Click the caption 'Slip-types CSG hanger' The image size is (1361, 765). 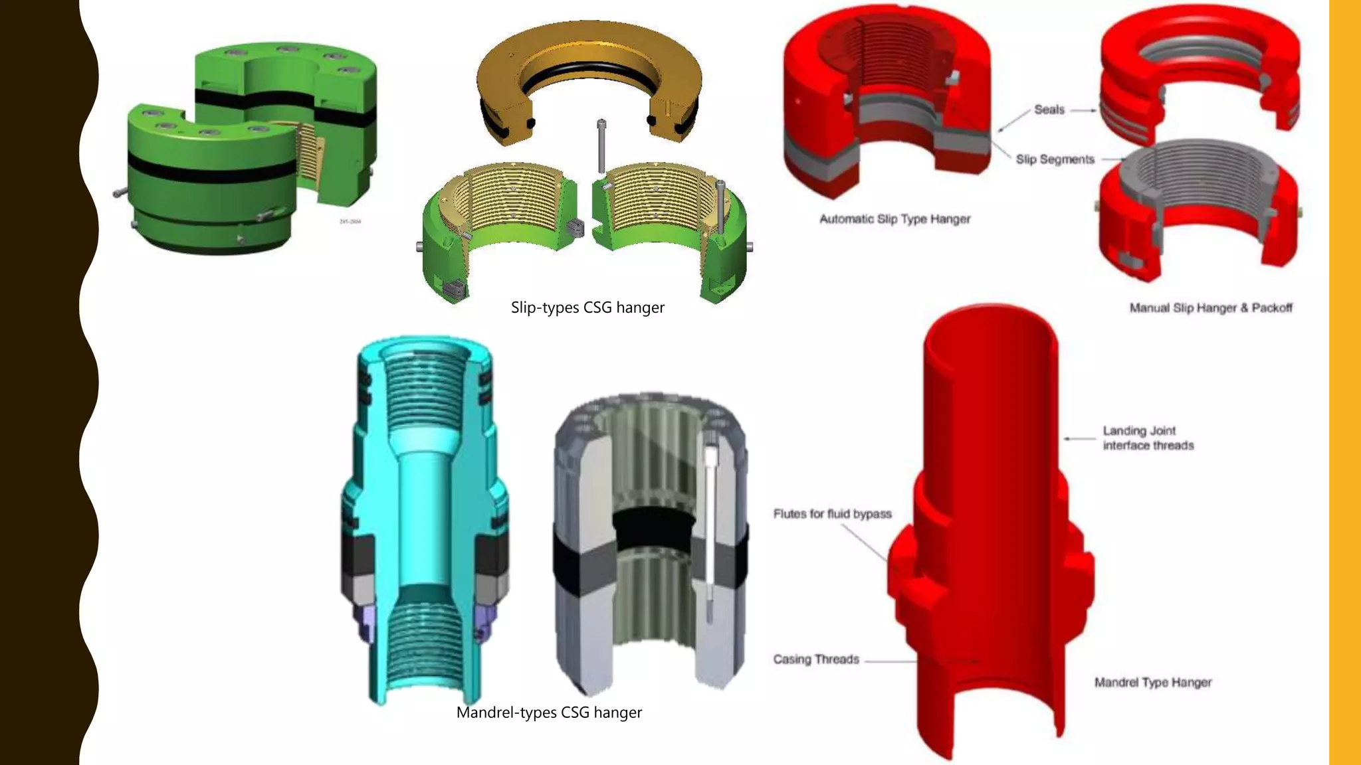pyautogui.click(x=587, y=307)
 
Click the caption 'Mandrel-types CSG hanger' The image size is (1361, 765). pyautogui.click(x=549, y=713)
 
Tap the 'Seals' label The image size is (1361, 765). pyautogui.click(x=1049, y=110)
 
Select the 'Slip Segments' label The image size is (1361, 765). pyautogui.click(x=1055, y=159)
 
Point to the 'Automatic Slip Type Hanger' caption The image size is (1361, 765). pyautogui.click(x=894, y=219)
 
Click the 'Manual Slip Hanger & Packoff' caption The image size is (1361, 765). pyautogui.click(x=1211, y=308)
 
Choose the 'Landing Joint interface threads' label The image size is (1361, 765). pyautogui.click(x=1148, y=438)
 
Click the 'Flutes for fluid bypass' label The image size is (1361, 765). pyautogui.click(x=832, y=514)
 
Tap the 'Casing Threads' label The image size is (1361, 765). pyautogui.click(x=816, y=659)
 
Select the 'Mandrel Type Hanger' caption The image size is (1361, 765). pyautogui.click(x=1153, y=683)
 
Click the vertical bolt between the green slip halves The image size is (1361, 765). pyautogui.click(x=601, y=146)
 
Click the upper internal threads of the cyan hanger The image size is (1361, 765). pyautogui.click(x=423, y=392)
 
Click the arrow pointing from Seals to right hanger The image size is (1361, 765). pyautogui.click(x=1083, y=110)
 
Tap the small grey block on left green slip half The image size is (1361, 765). pyautogui.click(x=575, y=228)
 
